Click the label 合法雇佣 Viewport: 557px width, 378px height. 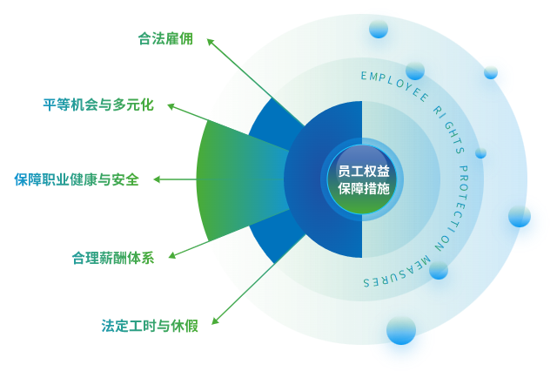pos(164,38)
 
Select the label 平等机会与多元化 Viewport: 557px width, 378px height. pos(98,105)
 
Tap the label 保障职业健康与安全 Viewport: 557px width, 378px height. pos(76,179)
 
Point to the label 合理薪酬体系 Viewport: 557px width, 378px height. pos(112,257)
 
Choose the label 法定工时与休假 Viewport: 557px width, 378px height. pos(150,326)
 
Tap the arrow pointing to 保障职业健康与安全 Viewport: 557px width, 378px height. pos(174,179)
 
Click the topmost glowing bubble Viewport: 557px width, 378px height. pos(378,30)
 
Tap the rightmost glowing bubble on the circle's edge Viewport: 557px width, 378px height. pos(520,219)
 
